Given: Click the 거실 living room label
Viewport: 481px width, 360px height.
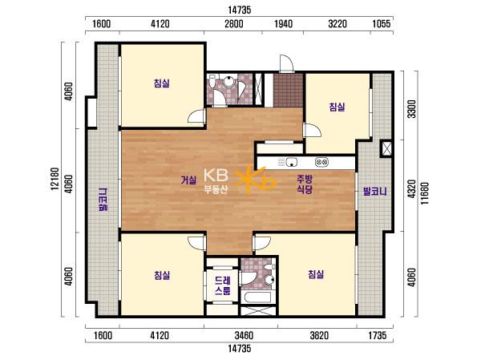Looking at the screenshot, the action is (x=188, y=180).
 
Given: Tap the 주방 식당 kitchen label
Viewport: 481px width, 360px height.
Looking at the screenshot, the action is (x=304, y=184).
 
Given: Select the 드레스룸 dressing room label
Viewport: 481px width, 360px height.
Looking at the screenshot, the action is (x=222, y=285).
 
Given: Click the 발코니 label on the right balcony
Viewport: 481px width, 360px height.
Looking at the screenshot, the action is (x=375, y=192).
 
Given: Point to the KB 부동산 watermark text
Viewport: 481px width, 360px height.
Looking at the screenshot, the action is (x=216, y=181).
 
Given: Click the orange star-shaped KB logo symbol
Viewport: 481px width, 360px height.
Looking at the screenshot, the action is (x=254, y=181).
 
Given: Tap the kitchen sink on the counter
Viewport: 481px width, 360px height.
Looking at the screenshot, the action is (x=292, y=162).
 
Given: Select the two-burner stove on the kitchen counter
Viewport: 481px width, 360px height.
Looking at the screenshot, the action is (x=321, y=162).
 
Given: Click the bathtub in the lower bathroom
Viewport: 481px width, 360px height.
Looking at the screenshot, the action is (x=256, y=297).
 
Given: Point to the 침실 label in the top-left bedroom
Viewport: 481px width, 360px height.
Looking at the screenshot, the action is (x=162, y=83).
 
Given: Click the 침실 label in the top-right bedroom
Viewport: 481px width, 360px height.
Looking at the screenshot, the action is (x=337, y=107).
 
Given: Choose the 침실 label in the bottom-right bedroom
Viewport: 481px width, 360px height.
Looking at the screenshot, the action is (x=316, y=274).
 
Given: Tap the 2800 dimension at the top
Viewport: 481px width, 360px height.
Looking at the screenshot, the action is (x=234, y=23).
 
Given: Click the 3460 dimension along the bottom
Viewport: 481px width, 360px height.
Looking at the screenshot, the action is (x=244, y=335).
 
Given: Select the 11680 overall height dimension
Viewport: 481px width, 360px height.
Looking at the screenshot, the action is (x=425, y=194).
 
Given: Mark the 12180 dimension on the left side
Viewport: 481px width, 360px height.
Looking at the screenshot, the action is (x=55, y=179).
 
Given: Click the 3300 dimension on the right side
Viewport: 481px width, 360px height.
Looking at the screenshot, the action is (x=412, y=109).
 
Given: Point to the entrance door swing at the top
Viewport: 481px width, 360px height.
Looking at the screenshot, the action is (x=286, y=63).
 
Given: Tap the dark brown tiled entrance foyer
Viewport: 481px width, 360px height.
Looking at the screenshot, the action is (x=288, y=91).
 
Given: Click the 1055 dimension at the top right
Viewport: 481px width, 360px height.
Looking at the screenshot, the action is (x=382, y=23).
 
